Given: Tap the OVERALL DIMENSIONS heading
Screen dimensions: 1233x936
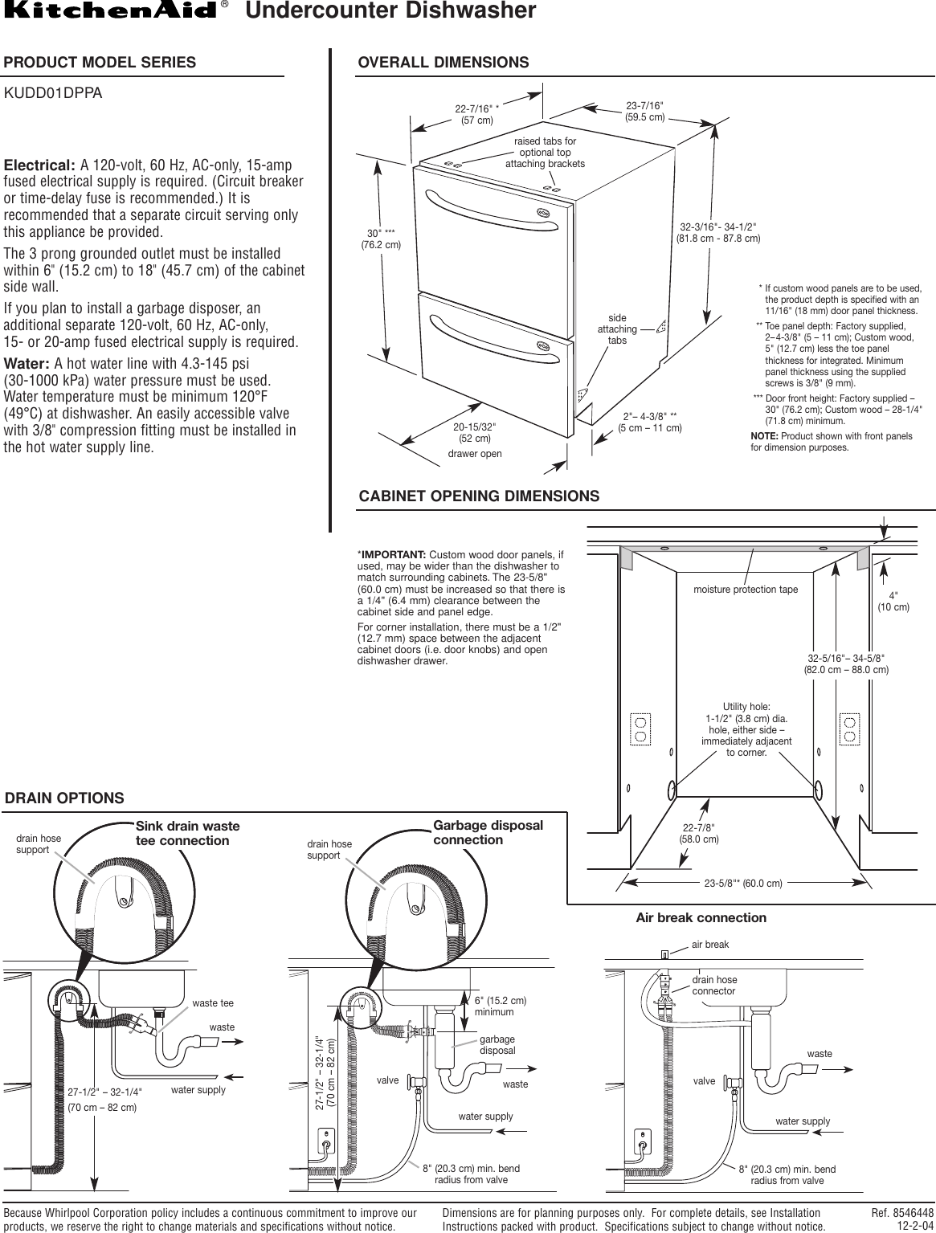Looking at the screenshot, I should tap(443, 63).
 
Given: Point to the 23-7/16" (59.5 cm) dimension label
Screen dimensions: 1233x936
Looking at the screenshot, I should tap(644, 112).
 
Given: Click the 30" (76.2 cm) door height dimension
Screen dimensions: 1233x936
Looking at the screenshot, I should tap(380, 239).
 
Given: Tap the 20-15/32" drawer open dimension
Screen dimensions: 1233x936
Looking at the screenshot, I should tap(474, 432).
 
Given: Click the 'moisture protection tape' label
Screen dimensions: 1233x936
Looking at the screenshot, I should tap(746, 590).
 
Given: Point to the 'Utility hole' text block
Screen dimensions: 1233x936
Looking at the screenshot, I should tap(746, 729).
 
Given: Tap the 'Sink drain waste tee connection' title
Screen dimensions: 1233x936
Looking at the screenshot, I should tap(188, 833).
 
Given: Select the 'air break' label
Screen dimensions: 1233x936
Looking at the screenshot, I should tap(710, 945).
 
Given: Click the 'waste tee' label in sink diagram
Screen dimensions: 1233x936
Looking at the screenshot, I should tap(213, 1003).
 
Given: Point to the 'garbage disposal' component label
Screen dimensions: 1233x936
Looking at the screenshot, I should tap(497, 1044).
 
